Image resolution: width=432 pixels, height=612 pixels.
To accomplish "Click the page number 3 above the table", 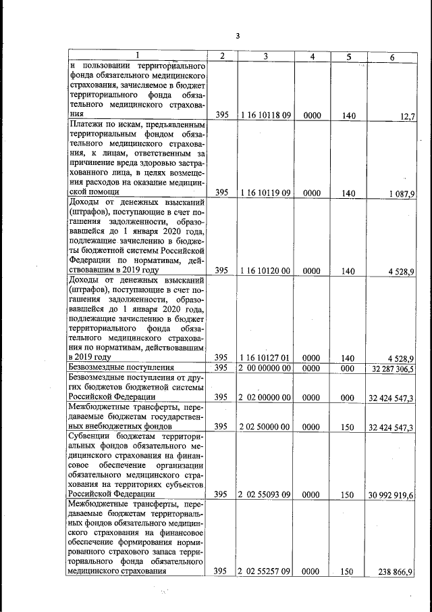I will pyautogui.click(x=238, y=37).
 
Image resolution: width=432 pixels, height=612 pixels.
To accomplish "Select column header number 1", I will pyautogui.click(x=137, y=56).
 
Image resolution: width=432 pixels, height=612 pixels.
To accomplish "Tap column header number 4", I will pyautogui.click(x=312, y=56).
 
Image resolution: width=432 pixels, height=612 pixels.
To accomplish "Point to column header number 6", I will pyautogui.click(x=391, y=56).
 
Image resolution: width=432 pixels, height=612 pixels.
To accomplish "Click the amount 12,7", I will pyautogui.click(x=406, y=116).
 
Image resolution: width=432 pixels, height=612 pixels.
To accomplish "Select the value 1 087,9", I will pyautogui.click(x=402, y=193).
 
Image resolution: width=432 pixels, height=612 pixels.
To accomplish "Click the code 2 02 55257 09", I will pyautogui.click(x=264, y=571).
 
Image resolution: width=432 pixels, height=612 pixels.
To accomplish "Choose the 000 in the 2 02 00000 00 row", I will pyautogui.click(x=348, y=398).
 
